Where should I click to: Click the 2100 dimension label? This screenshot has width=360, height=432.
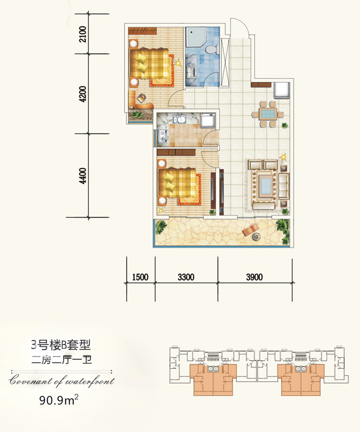click(x=83, y=34)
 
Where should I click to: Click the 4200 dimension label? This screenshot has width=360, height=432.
click(x=83, y=94)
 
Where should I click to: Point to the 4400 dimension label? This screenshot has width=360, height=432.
click(x=83, y=176)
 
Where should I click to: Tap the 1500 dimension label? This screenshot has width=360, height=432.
click(x=140, y=277)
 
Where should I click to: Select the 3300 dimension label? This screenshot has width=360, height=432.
click(x=186, y=277)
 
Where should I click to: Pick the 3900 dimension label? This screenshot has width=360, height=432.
click(x=254, y=277)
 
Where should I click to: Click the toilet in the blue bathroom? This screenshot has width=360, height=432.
click(x=212, y=50)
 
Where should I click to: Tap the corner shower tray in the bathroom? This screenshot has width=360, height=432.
click(x=196, y=37)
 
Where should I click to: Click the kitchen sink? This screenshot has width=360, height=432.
click(x=180, y=119)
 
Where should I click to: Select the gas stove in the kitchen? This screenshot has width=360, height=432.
click(x=163, y=136)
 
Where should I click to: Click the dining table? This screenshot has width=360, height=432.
click(x=268, y=114)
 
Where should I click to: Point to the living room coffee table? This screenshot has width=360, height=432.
click(x=266, y=185)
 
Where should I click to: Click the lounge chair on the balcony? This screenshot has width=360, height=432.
click(x=250, y=230)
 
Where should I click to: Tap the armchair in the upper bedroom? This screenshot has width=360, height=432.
click(x=141, y=98)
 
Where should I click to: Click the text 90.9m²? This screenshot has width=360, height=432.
click(x=59, y=400)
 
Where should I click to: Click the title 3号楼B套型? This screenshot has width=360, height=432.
click(x=61, y=345)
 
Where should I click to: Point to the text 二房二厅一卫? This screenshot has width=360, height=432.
click(x=62, y=360)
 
